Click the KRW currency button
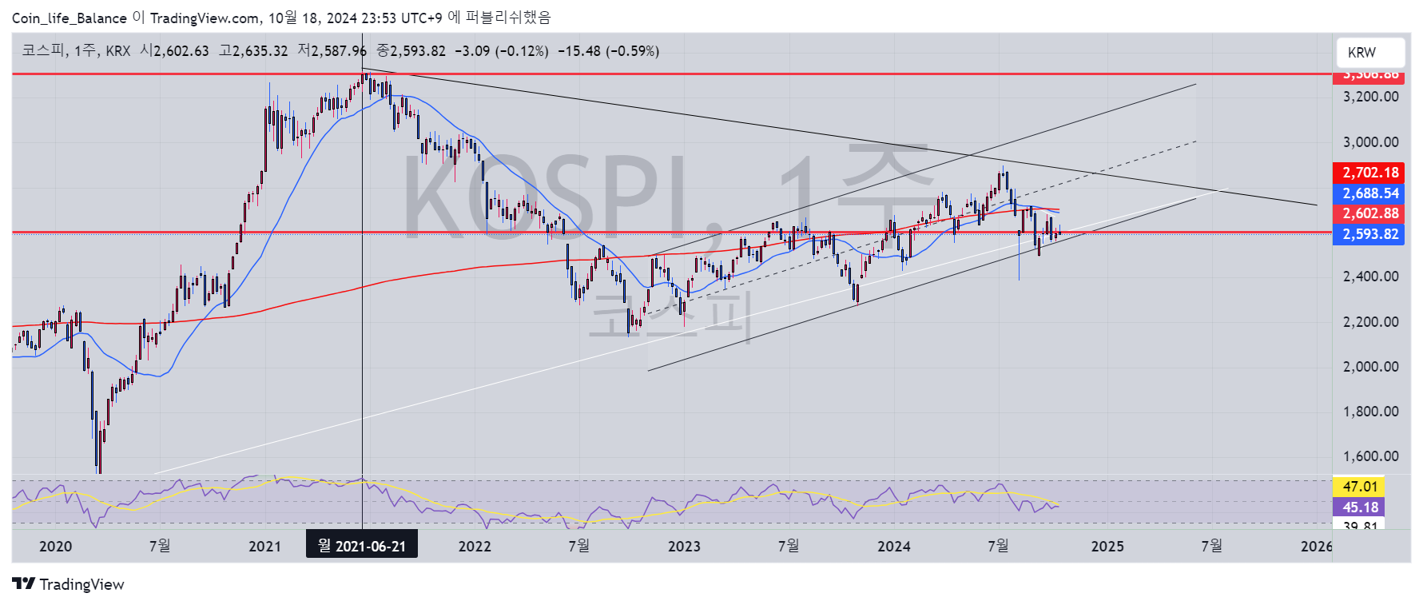point(1369,53)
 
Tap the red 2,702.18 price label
point(1369,173)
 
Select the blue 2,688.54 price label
point(1369,193)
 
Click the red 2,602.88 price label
point(1369,213)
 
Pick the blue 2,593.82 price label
point(1369,234)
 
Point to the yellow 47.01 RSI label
point(1359,487)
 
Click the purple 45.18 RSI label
point(1359,507)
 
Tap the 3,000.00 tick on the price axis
point(1370,142)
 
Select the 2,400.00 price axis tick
point(1370,277)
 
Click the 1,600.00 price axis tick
point(1370,456)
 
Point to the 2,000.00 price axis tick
point(1370,367)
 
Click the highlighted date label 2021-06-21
point(362,546)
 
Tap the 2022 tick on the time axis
point(475,547)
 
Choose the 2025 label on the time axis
point(1107,547)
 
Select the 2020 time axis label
point(55,547)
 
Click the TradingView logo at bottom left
point(69,584)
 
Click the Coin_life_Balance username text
point(69,18)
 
